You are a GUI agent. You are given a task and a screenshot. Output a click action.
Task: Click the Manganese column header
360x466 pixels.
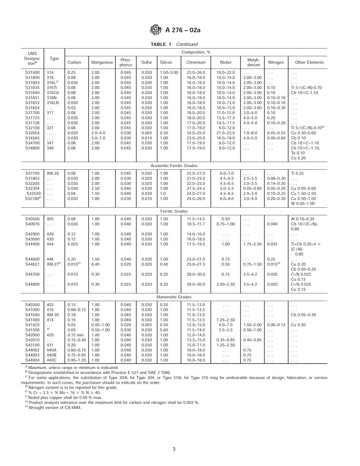tap(102, 62)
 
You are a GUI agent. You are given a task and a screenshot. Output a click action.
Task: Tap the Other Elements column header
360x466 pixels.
tap(309, 62)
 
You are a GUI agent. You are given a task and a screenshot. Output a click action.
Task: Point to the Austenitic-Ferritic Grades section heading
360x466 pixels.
tap(180, 166)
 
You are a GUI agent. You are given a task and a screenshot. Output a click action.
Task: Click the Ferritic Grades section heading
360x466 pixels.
tap(180, 211)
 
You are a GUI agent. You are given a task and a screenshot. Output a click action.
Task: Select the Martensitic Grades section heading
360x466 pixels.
tap(180, 297)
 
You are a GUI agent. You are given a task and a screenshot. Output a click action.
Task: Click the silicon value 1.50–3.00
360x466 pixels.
tap(169, 72)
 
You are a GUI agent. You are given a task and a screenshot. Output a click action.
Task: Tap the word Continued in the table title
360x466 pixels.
tap(187, 44)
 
